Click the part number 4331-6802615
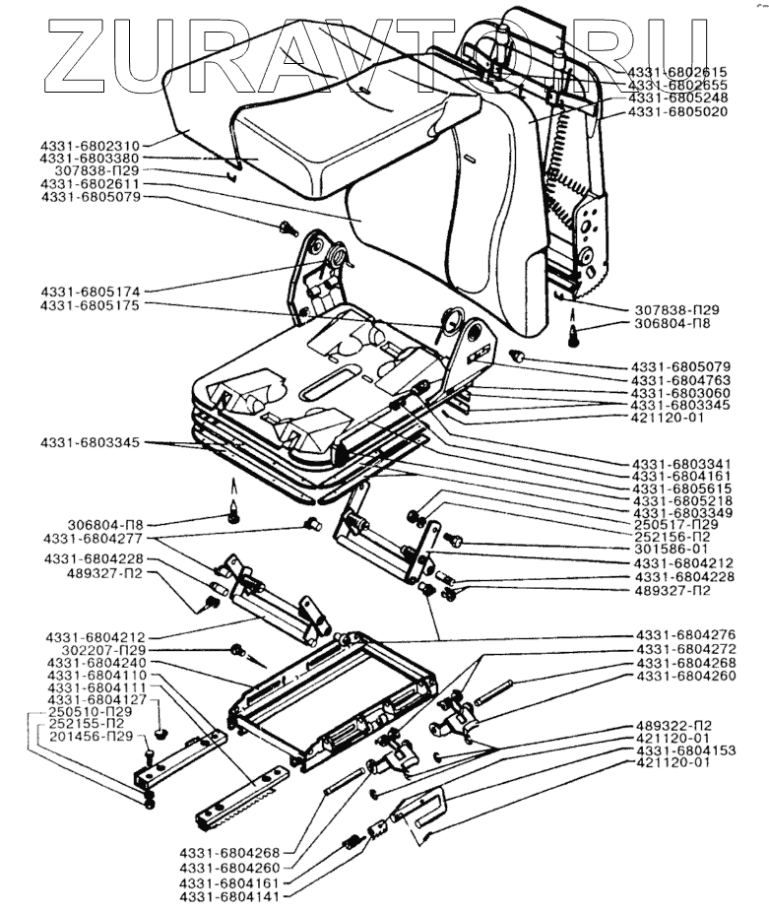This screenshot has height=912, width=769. [677, 72]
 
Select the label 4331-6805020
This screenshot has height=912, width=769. [677, 111]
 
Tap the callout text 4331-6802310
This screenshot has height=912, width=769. [91, 146]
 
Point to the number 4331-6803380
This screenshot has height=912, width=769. [91, 159]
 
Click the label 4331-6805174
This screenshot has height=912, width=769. [91, 292]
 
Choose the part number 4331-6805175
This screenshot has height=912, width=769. [91, 305]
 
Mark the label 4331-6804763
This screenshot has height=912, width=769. [681, 380]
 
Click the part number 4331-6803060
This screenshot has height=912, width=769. [681, 393]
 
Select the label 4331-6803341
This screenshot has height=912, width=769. [682, 464]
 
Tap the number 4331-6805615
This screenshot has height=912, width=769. [682, 489]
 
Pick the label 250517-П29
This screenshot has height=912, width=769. [675, 525]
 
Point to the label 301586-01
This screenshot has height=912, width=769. [672, 549]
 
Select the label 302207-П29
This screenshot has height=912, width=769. [103, 650]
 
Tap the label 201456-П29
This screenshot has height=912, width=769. [91, 737]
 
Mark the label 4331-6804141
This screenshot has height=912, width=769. [229, 897]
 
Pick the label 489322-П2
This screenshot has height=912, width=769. [674, 726]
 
